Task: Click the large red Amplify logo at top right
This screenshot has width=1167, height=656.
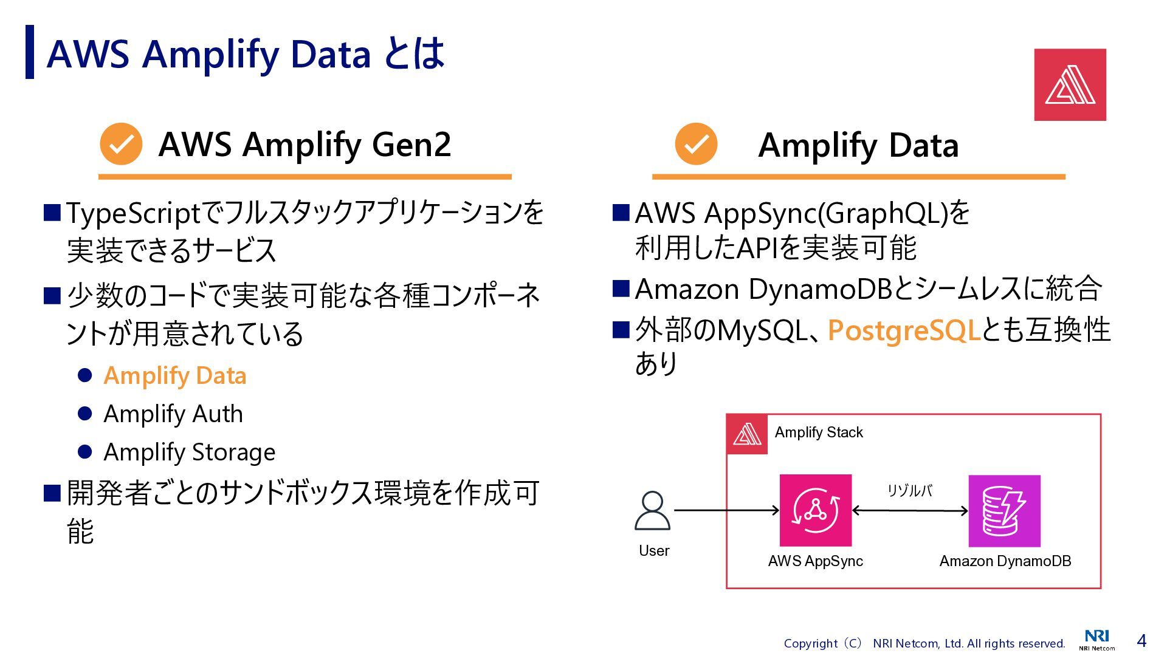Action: [x=1070, y=84]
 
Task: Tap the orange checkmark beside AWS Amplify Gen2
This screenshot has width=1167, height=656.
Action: [x=121, y=144]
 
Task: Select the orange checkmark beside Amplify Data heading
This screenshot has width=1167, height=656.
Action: [x=696, y=144]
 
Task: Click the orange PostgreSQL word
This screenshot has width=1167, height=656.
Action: [x=904, y=330]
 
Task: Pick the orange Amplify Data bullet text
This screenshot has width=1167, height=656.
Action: [x=175, y=375]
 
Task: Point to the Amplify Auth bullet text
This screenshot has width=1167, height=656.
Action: [x=173, y=414]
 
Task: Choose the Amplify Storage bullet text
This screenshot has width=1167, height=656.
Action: [x=189, y=452]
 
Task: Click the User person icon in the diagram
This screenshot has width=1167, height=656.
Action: [x=652, y=511]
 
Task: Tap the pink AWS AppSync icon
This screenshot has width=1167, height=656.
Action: [x=815, y=510]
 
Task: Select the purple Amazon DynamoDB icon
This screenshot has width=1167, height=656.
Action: [x=1004, y=511]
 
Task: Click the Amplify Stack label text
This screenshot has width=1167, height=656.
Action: [x=818, y=432]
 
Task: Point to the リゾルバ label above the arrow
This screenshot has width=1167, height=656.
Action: [x=909, y=491]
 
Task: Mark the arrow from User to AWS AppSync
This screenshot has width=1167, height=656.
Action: [x=726, y=510]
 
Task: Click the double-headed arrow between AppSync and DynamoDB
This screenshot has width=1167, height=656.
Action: [x=910, y=511]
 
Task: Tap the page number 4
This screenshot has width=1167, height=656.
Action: [x=1141, y=641]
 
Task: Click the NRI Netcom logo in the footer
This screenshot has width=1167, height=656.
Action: [x=1096, y=640]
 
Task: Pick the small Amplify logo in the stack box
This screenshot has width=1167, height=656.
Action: [x=747, y=434]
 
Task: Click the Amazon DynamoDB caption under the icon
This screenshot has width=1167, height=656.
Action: [x=1005, y=561]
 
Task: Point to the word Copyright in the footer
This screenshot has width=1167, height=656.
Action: [x=810, y=643]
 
